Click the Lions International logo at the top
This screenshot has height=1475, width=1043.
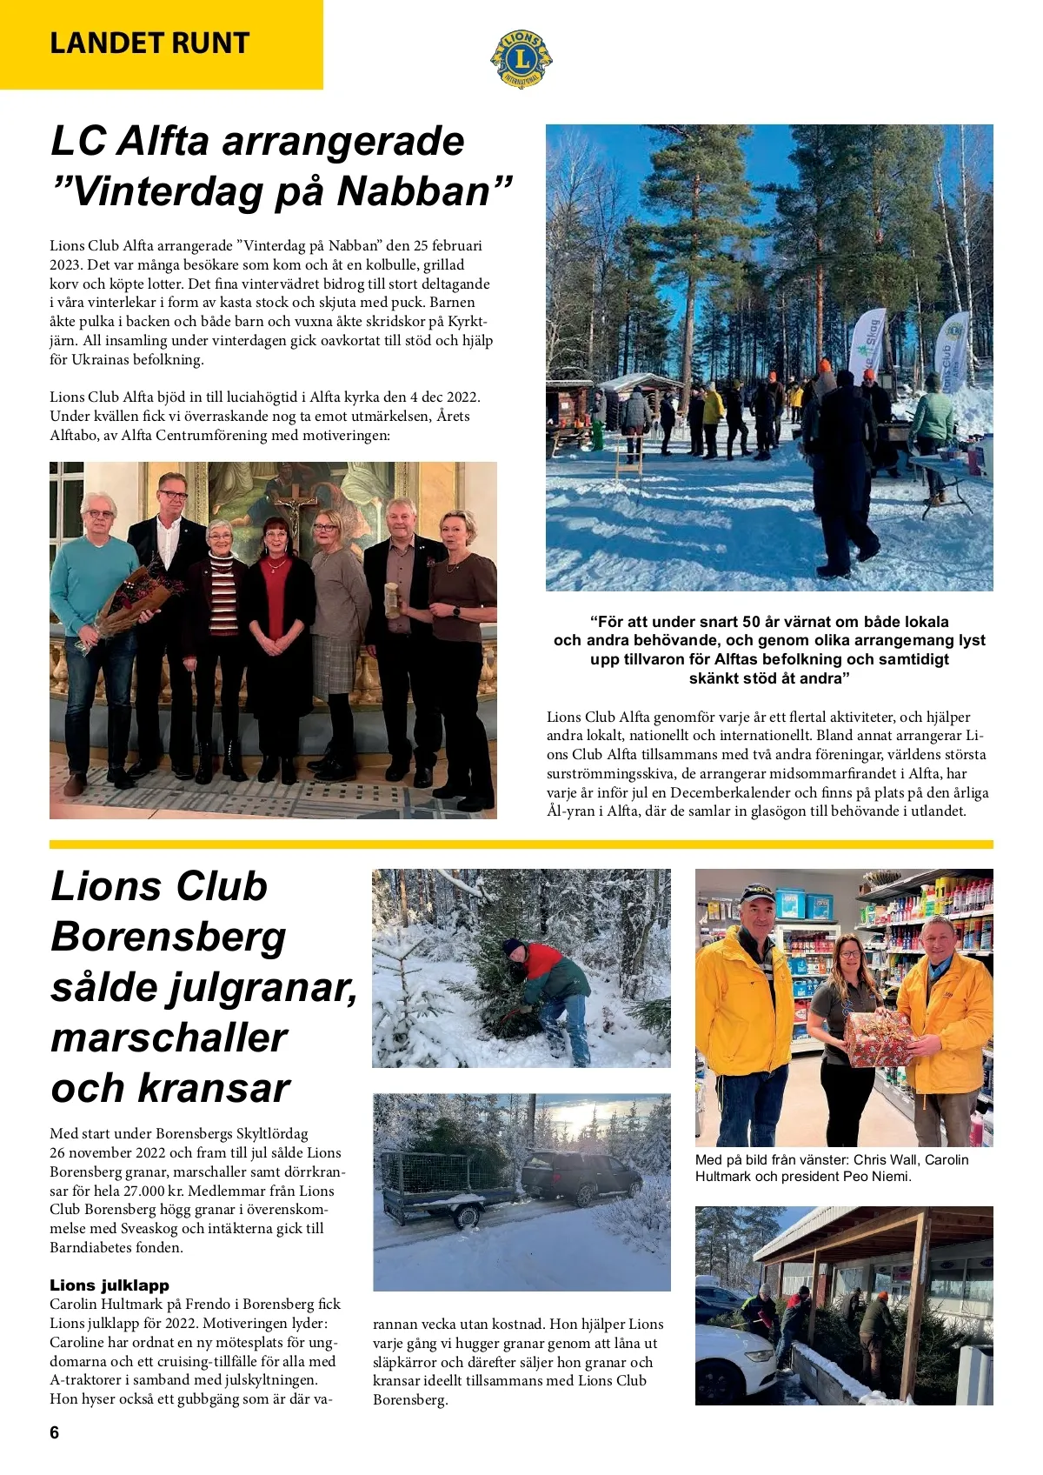click(x=521, y=58)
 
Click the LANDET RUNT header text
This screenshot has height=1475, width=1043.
click(x=149, y=43)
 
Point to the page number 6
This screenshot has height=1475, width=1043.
click(x=55, y=1432)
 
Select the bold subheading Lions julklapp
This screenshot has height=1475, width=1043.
click(x=110, y=1285)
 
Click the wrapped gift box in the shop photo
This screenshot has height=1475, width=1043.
click(x=878, y=1038)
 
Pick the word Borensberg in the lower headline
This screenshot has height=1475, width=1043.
click(x=169, y=937)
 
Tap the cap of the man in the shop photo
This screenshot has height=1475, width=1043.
click(x=757, y=893)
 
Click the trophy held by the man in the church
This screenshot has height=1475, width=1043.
click(x=392, y=599)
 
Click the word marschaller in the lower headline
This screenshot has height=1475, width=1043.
click(x=169, y=1038)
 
